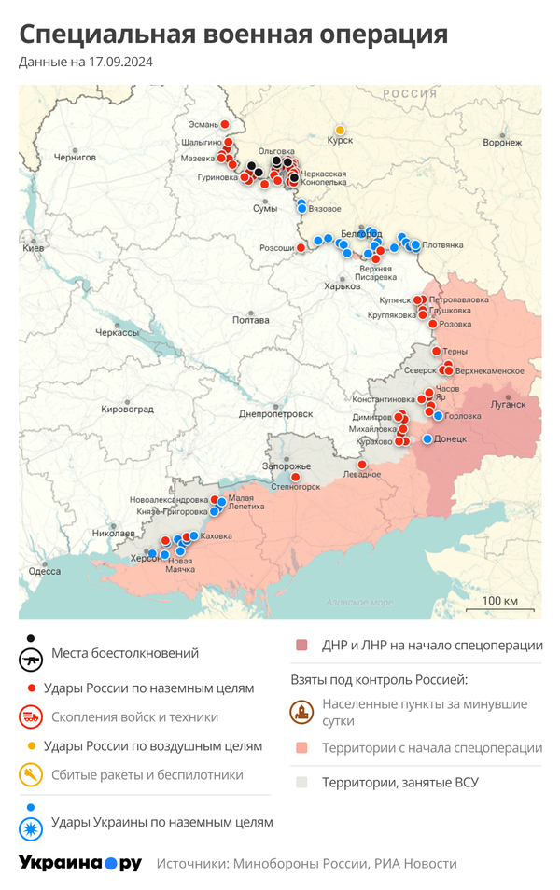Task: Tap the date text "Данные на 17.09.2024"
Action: click(86, 63)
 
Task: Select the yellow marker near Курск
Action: click(340, 130)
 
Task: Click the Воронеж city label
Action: click(502, 143)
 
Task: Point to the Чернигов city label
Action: click(75, 158)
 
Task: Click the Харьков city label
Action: click(341, 286)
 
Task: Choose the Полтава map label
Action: click(250, 320)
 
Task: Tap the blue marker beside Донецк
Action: click(427, 438)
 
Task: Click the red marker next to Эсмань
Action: click(225, 124)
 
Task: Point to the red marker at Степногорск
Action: click(295, 477)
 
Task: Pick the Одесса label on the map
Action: click(44, 571)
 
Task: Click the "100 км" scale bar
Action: click(500, 602)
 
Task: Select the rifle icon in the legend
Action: click(32, 659)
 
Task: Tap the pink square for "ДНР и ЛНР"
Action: click(301, 646)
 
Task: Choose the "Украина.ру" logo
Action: click(79, 863)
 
